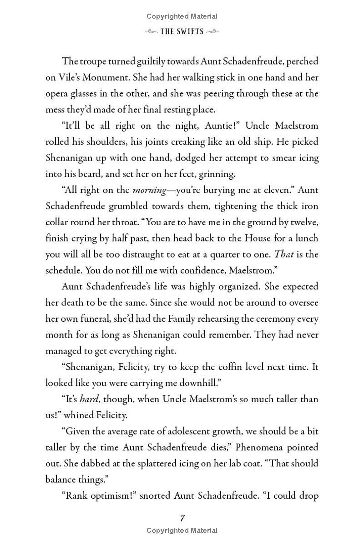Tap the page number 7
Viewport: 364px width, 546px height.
(182, 518)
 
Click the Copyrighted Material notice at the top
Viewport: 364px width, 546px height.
(182, 16)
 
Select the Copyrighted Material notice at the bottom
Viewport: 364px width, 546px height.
(182, 531)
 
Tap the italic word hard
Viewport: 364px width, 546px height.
(89, 399)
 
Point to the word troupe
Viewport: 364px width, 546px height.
(96, 61)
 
